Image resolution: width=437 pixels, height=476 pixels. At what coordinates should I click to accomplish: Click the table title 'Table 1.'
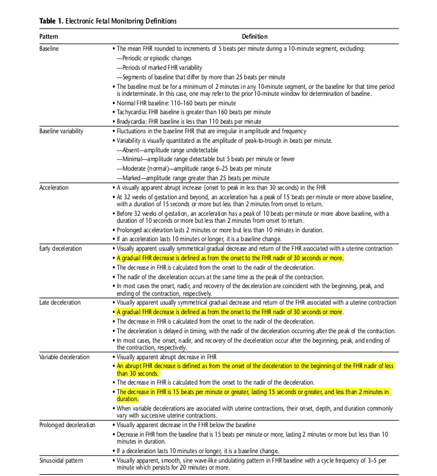53,21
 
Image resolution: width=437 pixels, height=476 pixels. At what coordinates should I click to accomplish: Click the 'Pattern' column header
49,37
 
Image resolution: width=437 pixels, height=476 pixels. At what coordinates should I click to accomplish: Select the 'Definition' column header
255,37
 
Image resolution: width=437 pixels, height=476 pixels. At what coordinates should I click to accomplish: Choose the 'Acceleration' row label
54,188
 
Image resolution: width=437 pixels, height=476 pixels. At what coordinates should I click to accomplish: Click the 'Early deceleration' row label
60,249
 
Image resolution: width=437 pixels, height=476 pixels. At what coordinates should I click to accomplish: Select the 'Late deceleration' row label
60,302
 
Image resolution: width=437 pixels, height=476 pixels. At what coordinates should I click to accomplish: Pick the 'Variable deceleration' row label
64,357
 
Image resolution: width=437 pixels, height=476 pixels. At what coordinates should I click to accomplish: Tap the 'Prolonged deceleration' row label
67,424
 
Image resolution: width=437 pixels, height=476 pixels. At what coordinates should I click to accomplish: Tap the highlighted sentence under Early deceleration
229,258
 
